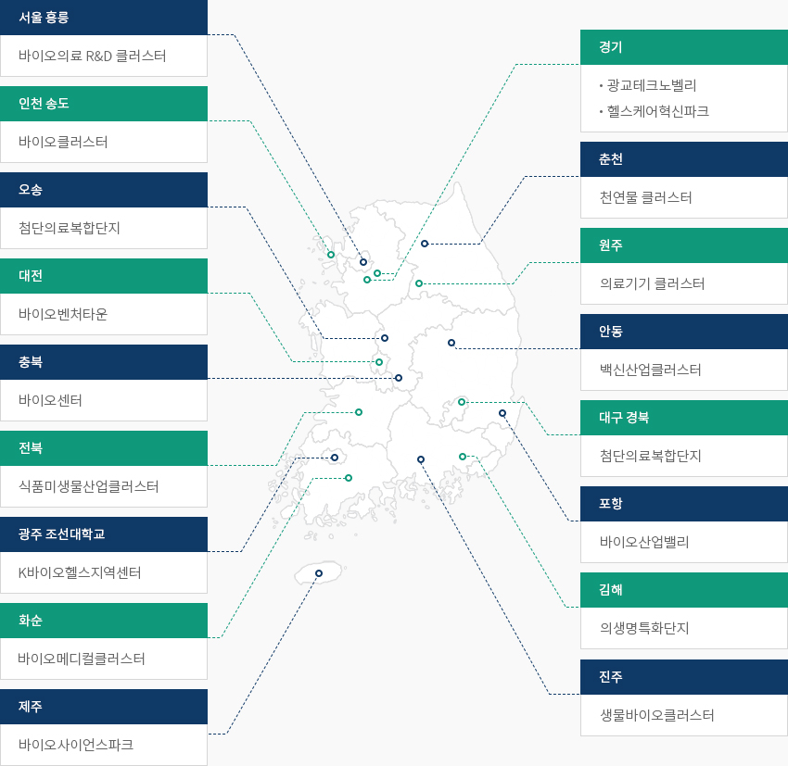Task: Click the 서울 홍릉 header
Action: point(104,18)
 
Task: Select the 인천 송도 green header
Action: point(104,104)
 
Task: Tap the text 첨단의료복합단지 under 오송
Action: point(70,228)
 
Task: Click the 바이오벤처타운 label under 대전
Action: point(63,314)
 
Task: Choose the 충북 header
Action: point(104,362)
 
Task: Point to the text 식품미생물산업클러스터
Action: point(88,486)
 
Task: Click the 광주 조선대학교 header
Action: point(104,534)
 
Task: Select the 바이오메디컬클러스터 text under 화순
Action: point(82,659)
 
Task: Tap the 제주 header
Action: point(104,707)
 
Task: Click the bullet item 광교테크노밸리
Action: point(652,85)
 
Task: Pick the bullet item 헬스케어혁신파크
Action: point(658,111)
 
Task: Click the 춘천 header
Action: point(684,159)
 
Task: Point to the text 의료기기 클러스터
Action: point(652,283)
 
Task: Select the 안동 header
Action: point(684,332)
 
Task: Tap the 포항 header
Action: point(684,504)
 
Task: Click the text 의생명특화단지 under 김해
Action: point(644,628)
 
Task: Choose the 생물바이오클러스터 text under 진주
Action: point(657,715)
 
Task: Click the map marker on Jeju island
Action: point(319,573)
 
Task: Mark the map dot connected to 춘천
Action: point(425,244)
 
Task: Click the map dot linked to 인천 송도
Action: point(331,255)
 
